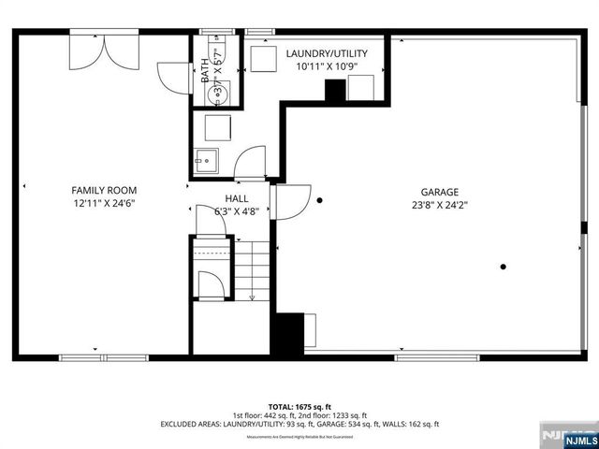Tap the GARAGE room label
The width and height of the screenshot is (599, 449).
[439, 192]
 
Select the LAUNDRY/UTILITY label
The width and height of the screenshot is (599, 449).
[326, 54]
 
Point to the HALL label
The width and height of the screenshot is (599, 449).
[236, 198]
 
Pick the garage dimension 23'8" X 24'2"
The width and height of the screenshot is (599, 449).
[439, 205]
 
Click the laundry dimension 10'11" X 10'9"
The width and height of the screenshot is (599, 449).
[326, 67]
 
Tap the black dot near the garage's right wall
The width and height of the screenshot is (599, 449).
[504, 268]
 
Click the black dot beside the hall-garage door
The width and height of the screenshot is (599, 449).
[320, 199]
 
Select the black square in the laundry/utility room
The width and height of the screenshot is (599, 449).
[334, 91]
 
